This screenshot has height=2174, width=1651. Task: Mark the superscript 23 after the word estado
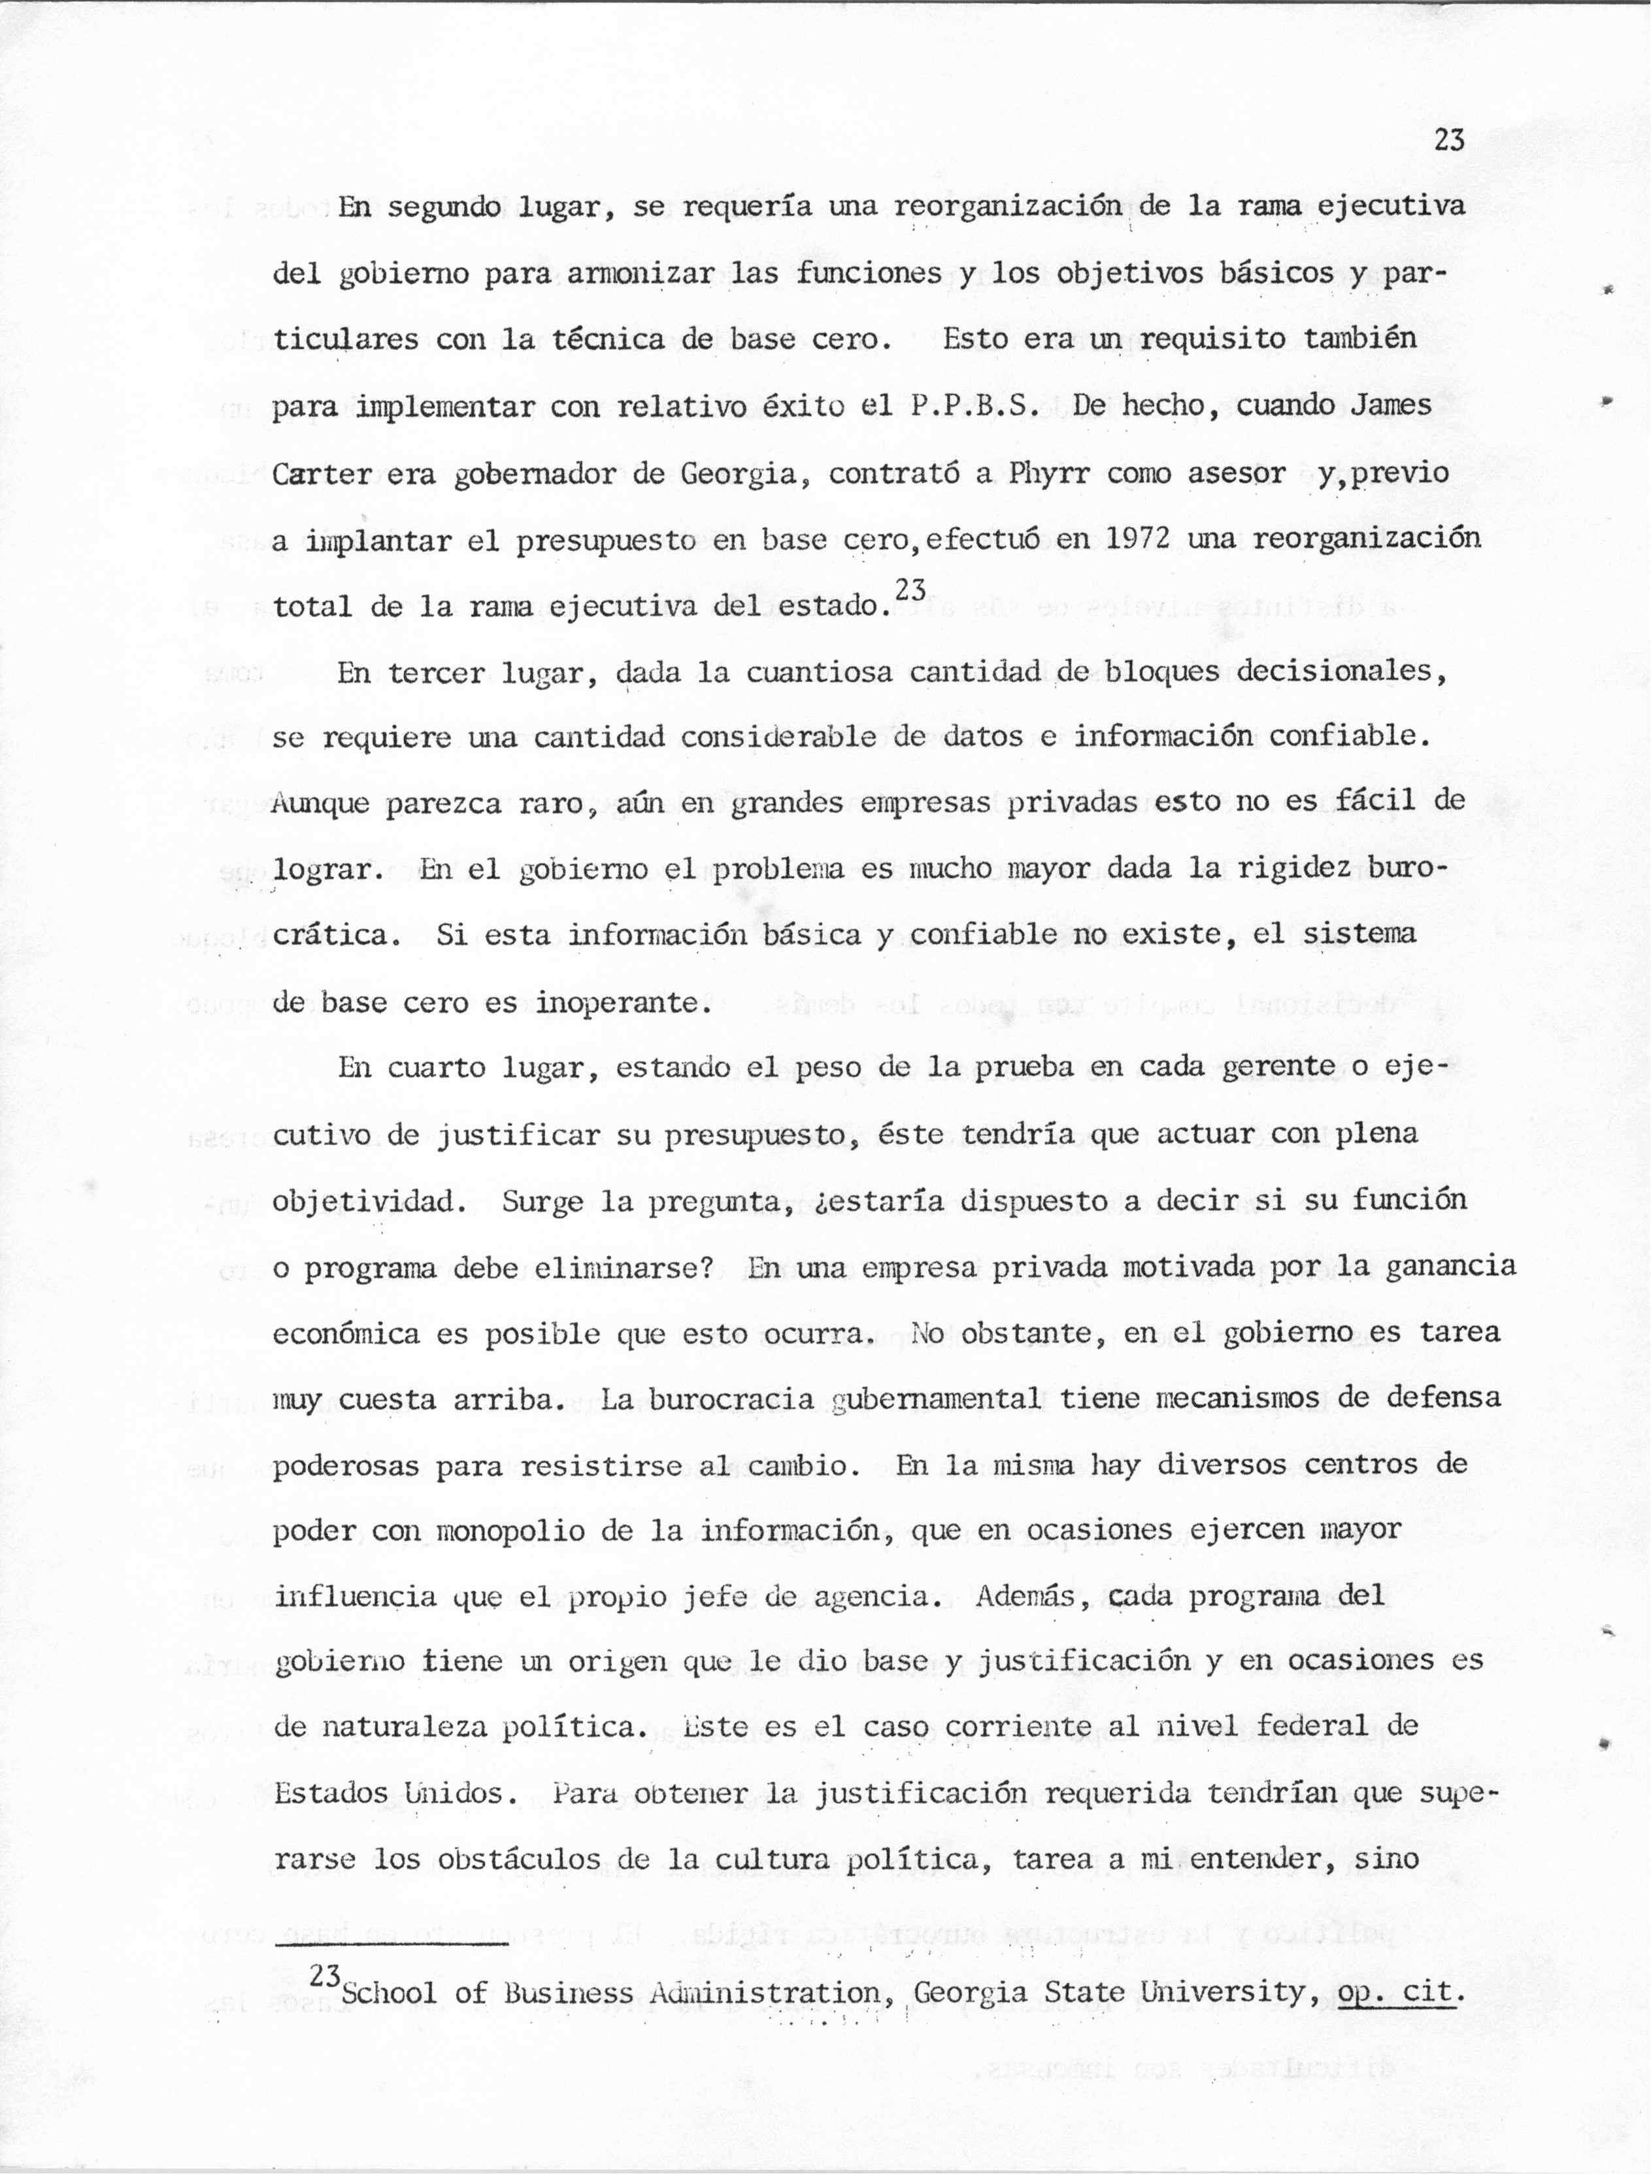(911, 588)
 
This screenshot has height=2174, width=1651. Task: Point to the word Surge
(542, 1202)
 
